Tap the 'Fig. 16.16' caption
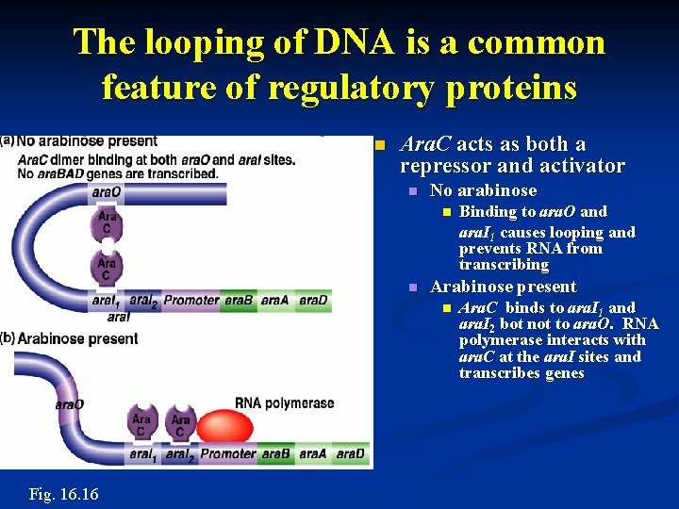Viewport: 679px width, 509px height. (x=63, y=494)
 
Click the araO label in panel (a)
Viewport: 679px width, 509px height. (x=108, y=191)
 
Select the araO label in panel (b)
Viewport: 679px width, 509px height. (x=69, y=404)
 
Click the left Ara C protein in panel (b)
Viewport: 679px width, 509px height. (x=141, y=424)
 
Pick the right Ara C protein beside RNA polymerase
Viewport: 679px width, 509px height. (x=180, y=424)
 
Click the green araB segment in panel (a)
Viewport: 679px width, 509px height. (x=239, y=301)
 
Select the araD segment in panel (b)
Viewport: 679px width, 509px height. (x=350, y=454)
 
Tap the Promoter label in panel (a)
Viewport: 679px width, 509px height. (x=191, y=301)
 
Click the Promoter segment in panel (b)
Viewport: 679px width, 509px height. (x=227, y=454)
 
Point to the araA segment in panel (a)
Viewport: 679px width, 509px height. (x=275, y=301)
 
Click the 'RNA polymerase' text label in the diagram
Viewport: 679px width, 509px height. (x=284, y=403)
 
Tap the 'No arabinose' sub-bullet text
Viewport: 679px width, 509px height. (x=483, y=190)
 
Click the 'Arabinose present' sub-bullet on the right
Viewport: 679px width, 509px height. (x=503, y=287)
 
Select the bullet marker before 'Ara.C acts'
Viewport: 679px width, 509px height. (x=380, y=145)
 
